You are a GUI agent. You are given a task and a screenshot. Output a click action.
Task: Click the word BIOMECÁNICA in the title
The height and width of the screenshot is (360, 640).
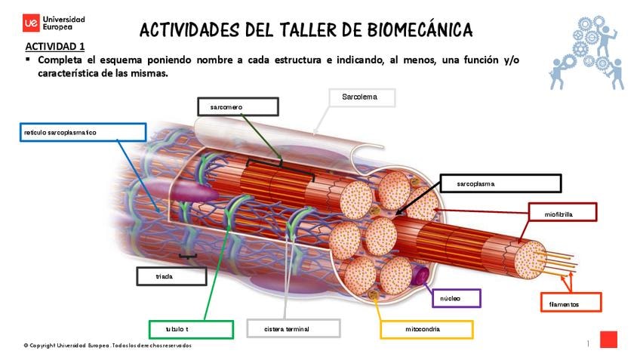(x=420, y=29)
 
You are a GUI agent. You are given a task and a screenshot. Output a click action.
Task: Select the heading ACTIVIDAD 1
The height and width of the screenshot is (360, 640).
(x=54, y=47)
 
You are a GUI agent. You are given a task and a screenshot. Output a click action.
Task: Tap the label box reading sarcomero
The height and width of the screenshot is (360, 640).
(x=238, y=106)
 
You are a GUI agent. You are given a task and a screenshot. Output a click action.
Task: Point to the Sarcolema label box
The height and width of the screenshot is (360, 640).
(x=362, y=97)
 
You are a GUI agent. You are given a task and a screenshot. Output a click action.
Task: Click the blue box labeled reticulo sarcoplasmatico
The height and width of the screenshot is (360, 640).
(x=83, y=132)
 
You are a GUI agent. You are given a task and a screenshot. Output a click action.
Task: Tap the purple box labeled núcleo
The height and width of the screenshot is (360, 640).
(x=455, y=298)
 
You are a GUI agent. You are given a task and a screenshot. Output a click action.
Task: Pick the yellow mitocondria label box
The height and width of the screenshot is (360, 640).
(x=426, y=329)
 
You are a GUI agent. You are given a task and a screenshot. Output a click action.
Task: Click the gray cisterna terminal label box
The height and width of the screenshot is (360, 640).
(x=293, y=328)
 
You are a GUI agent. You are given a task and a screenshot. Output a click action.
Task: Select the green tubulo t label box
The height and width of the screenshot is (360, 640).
(x=191, y=329)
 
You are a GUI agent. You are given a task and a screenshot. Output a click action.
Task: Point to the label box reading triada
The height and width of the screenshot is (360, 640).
(x=171, y=276)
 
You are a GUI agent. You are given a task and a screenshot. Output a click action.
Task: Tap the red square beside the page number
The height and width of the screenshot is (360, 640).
(x=608, y=340)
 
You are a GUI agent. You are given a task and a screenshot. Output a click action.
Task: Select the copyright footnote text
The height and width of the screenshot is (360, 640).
(x=107, y=346)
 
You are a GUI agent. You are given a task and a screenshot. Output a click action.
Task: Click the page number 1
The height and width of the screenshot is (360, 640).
(x=588, y=343)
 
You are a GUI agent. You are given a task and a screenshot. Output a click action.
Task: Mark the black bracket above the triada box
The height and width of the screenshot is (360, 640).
(x=189, y=257)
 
